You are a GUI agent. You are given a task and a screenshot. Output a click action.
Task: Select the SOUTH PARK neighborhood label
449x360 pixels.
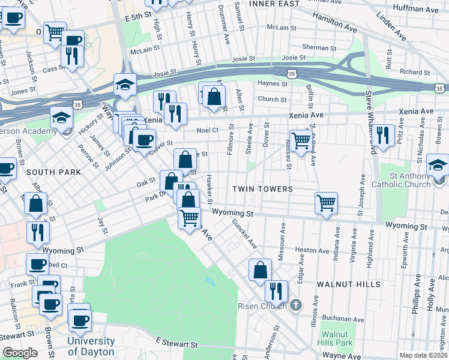[53, 172]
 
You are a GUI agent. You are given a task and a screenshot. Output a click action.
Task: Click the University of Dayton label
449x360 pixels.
[91, 347]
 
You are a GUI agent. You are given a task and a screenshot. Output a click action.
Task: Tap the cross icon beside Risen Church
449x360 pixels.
[295, 306]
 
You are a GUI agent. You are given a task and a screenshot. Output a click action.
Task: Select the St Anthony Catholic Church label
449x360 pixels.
[402, 180]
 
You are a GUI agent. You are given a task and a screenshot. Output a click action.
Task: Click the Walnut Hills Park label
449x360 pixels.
[335, 338]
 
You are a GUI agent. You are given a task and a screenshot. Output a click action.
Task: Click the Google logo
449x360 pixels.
[20, 353]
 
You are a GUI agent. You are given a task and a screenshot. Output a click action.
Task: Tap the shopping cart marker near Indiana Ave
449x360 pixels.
[326, 203]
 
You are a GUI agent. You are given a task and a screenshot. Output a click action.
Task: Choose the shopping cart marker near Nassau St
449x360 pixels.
[301, 141]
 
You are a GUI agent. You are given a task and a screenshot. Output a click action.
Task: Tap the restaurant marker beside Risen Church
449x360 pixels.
[276, 291]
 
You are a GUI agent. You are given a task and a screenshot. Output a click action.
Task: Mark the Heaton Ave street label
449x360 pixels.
[310, 250]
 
